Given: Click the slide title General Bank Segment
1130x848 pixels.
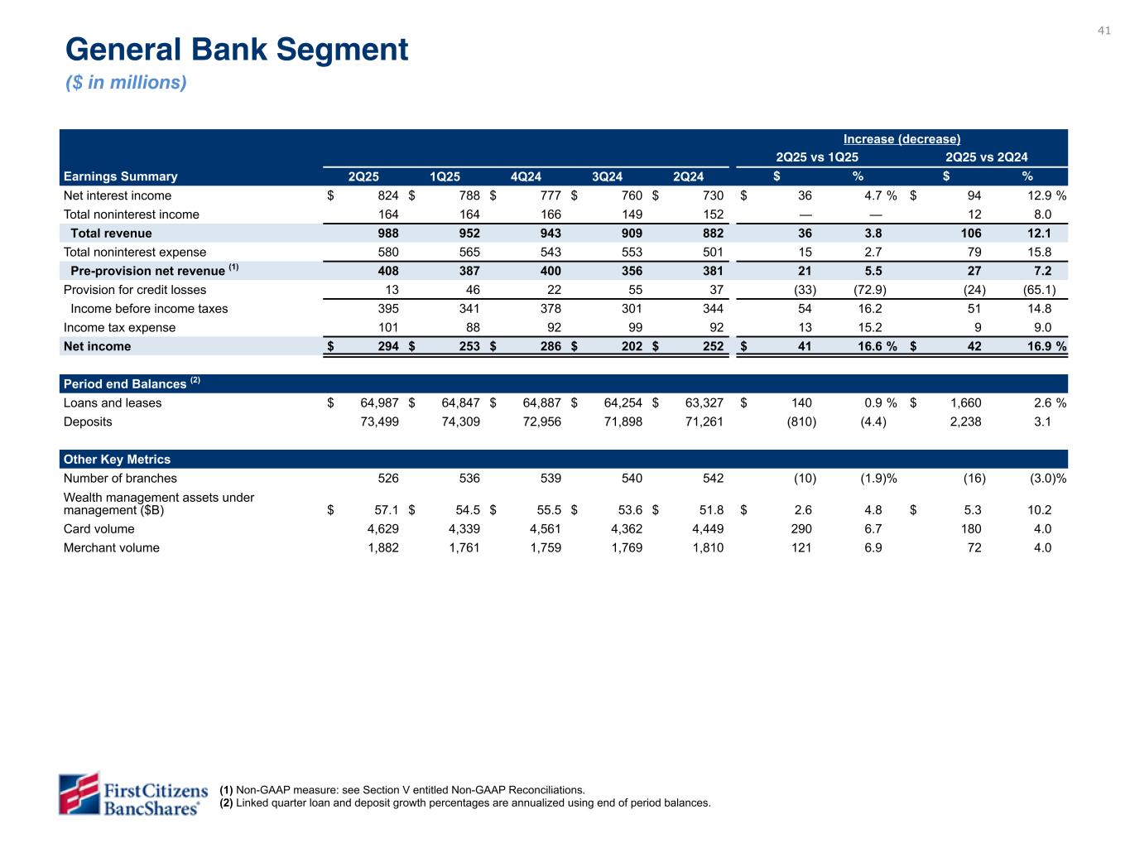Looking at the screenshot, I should (237, 50).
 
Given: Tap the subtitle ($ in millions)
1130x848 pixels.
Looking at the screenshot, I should (126, 83).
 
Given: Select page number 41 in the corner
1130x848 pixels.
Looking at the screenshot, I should (1104, 31).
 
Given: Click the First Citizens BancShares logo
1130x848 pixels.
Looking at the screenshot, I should (129, 793).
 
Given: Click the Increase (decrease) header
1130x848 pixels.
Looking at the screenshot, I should (902, 139).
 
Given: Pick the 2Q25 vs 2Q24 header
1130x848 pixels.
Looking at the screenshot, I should (986, 157).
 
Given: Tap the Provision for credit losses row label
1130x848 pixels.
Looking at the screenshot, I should (135, 290).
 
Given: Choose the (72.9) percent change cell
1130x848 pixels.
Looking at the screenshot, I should (870, 290).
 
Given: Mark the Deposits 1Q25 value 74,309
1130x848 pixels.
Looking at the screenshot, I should (460, 422).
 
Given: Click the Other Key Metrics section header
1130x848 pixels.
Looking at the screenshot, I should (117, 460).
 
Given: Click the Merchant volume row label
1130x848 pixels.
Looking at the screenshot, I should (111, 547).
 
